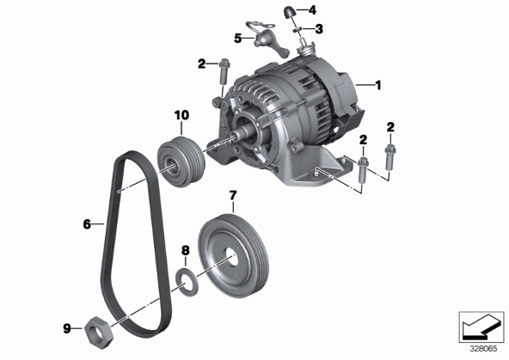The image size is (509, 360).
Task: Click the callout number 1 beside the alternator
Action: (377, 85)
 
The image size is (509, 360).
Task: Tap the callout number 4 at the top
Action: (312, 10)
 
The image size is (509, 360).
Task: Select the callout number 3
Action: (320, 29)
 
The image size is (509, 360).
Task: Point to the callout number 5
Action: (238, 39)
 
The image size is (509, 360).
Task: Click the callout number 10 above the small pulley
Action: (181, 115)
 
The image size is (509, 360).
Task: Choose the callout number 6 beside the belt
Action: (87, 224)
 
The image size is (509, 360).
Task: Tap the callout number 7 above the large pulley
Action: (233, 196)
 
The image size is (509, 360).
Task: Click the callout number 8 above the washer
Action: (185, 250)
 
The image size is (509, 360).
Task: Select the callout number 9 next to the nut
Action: (67, 329)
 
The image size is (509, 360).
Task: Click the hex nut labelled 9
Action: (99, 333)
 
